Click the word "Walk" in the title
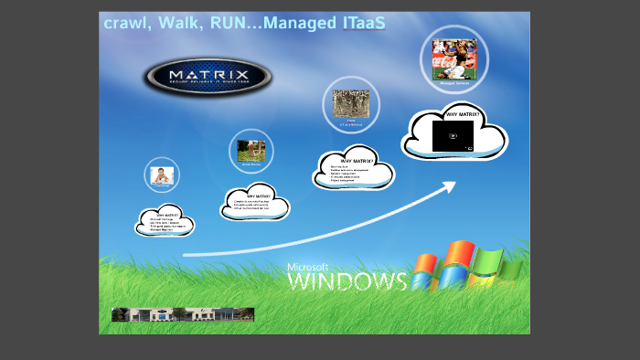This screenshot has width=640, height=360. point(183,22)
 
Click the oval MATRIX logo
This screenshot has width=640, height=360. point(208,75)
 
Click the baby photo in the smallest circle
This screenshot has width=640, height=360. point(162,175)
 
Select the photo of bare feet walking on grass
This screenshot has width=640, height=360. point(251,151)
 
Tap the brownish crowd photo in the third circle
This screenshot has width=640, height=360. point(350,102)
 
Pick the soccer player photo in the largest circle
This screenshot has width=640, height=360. point(454,59)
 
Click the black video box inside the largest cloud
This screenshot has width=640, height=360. point(453,136)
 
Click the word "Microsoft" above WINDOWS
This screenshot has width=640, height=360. point(307,267)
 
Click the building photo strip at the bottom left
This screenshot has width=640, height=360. point(183,314)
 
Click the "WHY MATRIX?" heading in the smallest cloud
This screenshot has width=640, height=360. point(165,215)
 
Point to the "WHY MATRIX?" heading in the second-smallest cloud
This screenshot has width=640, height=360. point(259,196)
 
